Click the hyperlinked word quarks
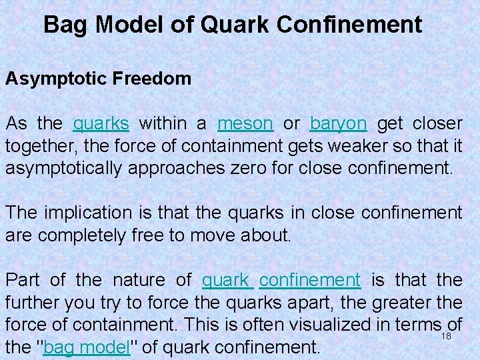(x=101, y=124)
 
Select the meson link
(x=245, y=124)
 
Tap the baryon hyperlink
(x=338, y=124)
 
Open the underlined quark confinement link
(x=281, y=280)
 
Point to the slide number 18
(x=446, y=337)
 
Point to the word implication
(x=93, y=213)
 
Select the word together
(x=33, y=146)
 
